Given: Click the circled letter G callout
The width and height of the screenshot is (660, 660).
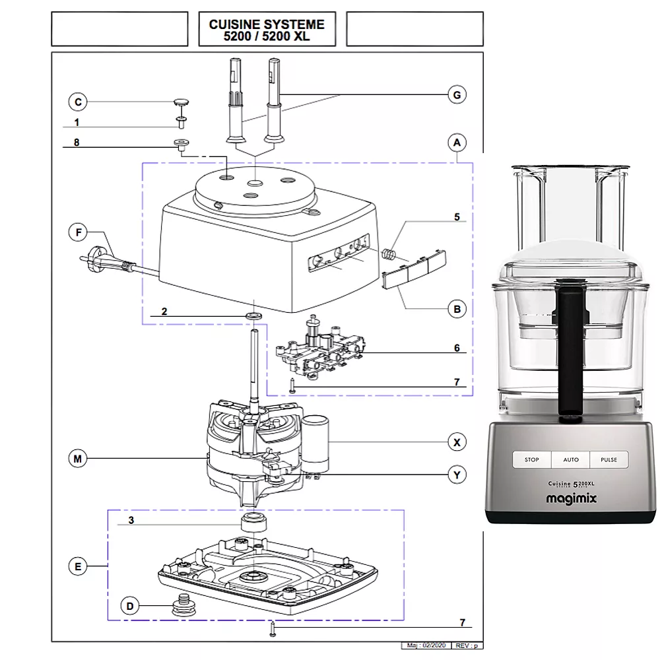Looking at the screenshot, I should (x=456, y=95).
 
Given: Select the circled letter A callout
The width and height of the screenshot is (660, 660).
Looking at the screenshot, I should (x=456, y=143).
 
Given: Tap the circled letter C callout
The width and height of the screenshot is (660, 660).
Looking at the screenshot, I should (x=78, y=102).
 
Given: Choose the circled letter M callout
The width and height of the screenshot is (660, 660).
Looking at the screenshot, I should (x=78, y=459).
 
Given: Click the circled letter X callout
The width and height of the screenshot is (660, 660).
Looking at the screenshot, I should (x=456, y=442).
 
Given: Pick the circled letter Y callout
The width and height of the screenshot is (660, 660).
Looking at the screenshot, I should (x=456, y=475).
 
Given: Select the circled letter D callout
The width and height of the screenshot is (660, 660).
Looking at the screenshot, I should (x=130, y=606).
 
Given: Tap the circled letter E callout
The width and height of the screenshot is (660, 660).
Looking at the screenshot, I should (x=78, y=566).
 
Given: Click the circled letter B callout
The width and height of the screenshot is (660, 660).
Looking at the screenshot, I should (x=456, y=308).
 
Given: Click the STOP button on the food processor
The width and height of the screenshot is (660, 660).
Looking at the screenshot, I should (x=531, y=460).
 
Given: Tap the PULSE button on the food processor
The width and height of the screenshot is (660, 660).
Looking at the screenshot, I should (x=609, y=460).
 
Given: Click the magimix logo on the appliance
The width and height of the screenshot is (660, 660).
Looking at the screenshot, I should (x=571, y=500).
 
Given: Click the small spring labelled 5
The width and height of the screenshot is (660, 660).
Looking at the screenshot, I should (x=391, y=253).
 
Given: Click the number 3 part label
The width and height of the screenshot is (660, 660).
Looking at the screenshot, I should (x=131, y=520).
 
